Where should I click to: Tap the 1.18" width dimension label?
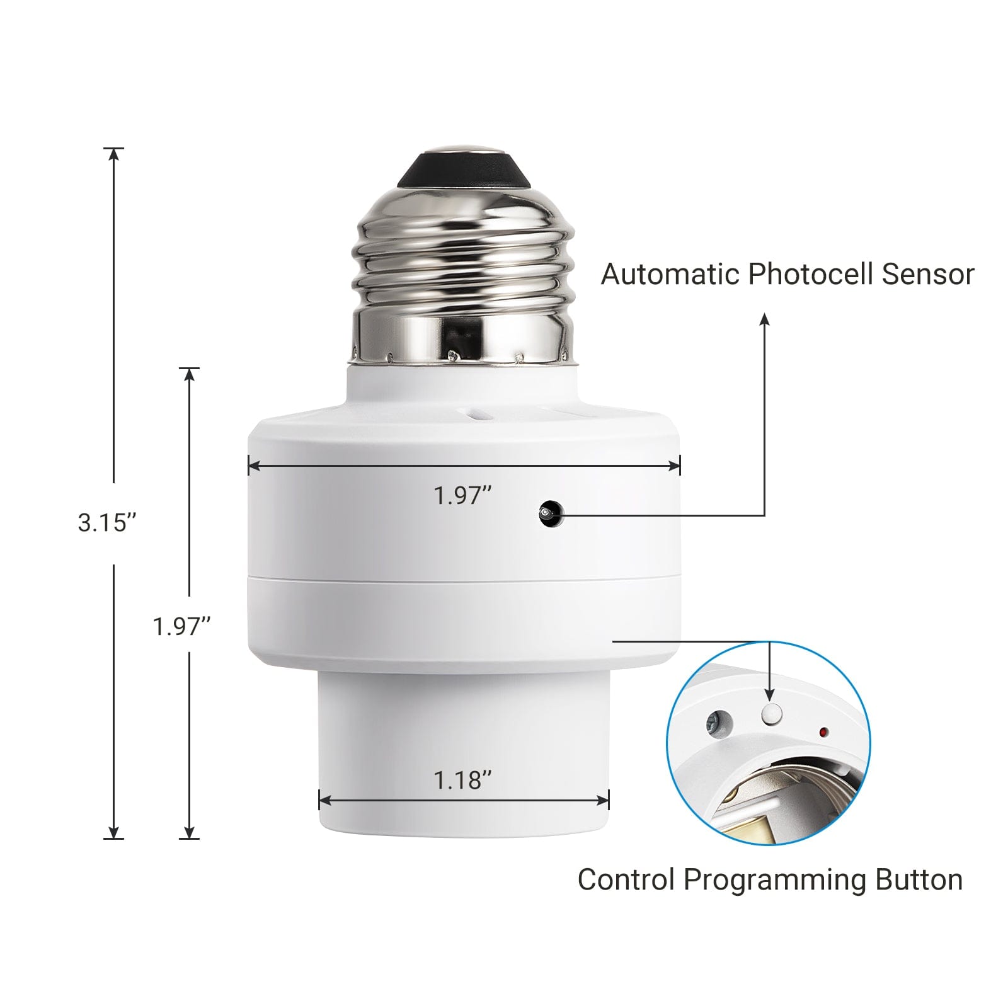(462, 781)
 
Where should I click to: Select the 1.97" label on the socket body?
(462, 496)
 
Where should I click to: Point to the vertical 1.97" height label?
(181, 626)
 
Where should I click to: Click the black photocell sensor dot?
(549, 513)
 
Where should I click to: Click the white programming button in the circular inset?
(771, 714)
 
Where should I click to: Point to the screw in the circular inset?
(718, 722)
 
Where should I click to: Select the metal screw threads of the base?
(463, 265)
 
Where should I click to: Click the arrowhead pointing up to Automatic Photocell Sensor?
(764, 319)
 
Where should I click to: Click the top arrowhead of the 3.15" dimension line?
(113, 154)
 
